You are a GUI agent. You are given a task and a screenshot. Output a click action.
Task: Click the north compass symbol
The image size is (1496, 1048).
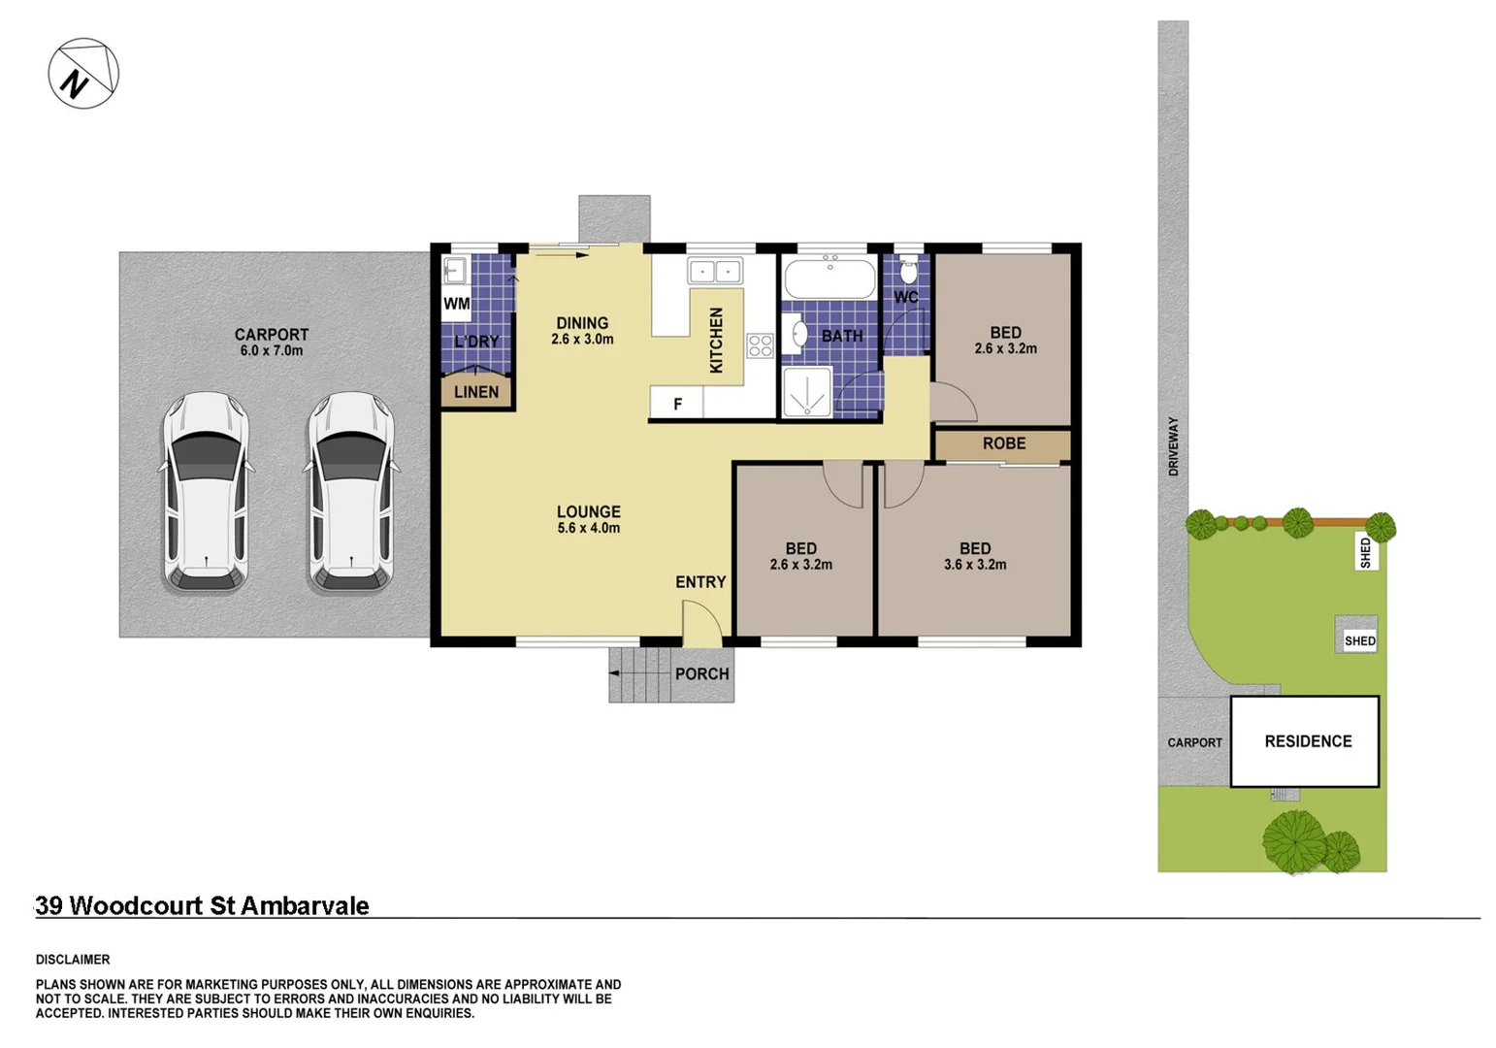coord(83,74)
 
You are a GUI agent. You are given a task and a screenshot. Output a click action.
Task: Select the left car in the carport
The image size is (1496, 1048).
coord(205,492)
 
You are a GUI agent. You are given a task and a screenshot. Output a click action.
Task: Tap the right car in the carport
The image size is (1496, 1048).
coord(350,492)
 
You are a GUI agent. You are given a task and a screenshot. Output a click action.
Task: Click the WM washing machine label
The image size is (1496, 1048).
coord(456,304)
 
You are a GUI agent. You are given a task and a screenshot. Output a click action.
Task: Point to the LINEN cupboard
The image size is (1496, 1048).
coord(475,392)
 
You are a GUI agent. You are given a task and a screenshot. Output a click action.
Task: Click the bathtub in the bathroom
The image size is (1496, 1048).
coord(828,278)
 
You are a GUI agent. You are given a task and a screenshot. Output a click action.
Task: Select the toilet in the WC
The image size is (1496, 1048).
coord(908,270)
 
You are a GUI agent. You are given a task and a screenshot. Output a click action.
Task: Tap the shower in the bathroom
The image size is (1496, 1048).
coord(806,393)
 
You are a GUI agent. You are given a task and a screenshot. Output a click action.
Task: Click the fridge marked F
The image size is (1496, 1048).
coord(676,404)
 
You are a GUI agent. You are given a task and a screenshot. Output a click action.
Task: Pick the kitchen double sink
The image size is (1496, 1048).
coord(715,271)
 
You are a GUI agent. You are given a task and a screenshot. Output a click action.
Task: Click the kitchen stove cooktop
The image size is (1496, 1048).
coord(760,345)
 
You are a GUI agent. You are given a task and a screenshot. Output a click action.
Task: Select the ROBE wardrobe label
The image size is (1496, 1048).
coord(1003,443)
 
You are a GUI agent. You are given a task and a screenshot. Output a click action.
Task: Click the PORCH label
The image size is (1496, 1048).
coord(701,673)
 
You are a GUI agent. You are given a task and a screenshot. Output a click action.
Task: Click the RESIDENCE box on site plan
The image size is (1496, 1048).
coord(1306,741)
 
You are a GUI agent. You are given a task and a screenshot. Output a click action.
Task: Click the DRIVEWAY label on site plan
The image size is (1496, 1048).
coord(1173,446)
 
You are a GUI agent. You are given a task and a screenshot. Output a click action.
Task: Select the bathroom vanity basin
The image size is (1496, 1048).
coord(799,334)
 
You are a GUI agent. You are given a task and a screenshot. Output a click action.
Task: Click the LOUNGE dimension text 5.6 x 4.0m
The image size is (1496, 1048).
coord(588,529)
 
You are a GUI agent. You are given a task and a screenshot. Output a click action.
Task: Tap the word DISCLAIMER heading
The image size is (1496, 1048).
coord(73,960)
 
